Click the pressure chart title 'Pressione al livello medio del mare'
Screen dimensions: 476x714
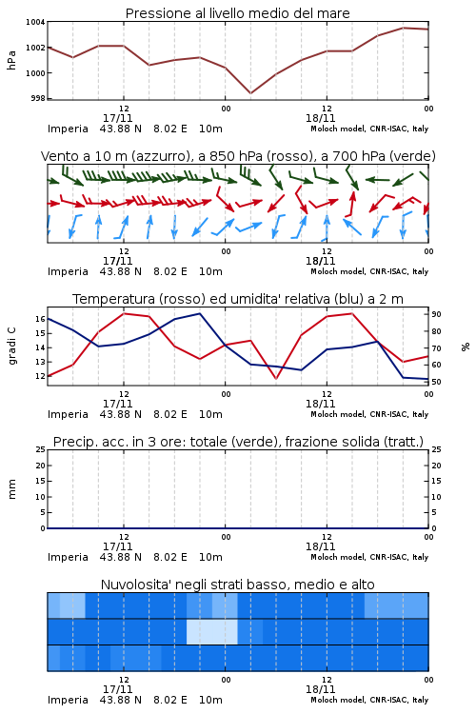click(x=238, y=13)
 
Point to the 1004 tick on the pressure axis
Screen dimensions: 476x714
click(x=35, y=22)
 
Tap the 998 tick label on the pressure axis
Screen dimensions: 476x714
click(x=38, y=98)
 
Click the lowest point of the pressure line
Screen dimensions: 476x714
click(x=250, y=93)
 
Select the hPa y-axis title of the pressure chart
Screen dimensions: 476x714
click(x=11, y=60)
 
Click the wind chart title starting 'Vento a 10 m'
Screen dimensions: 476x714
click(x=238, y=156)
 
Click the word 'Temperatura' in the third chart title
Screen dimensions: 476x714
click(x=114, y=299)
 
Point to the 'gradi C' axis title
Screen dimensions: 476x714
click(x=11, y=347)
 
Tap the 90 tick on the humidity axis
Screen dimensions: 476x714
click(x=436, y=314)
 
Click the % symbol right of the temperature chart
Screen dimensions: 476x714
click(x=466, y=347)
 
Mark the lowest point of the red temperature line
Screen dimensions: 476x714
click(x=276, y=379)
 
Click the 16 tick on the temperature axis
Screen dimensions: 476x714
click(x=40, y=319)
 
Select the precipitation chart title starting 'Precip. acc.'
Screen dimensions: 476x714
click(x=238, y=442)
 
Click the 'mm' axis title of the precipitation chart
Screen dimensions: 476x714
click(x=11, y=489)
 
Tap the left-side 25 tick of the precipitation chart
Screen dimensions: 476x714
click(x=40, y=449)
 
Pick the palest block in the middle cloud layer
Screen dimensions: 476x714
click(x=212, y=631)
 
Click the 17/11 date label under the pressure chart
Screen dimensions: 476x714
click(x=117, y=118)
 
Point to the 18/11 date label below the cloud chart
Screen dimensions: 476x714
click(x=320, y=689)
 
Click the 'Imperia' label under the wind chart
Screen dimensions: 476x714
click(x=68, y=271)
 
